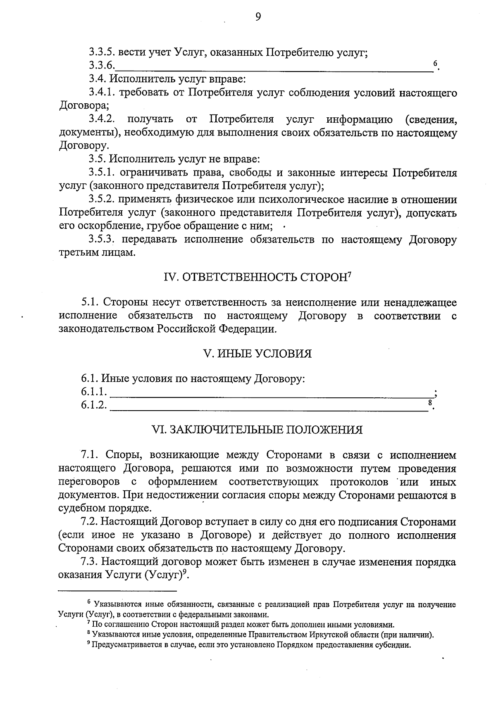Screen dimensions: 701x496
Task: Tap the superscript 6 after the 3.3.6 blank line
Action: click(x=435, y=64)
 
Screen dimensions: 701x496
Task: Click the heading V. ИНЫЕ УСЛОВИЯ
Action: click(x=257, y=354)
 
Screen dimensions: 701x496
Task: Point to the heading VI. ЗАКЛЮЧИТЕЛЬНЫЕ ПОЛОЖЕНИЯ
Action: click(x=258, y=430)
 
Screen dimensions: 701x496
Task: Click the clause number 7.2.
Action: click(x=89, y=522)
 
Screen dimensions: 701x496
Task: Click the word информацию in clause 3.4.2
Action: click(x=360, y=120)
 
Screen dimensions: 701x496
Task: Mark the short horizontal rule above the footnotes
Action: click(x=118, y=591)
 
